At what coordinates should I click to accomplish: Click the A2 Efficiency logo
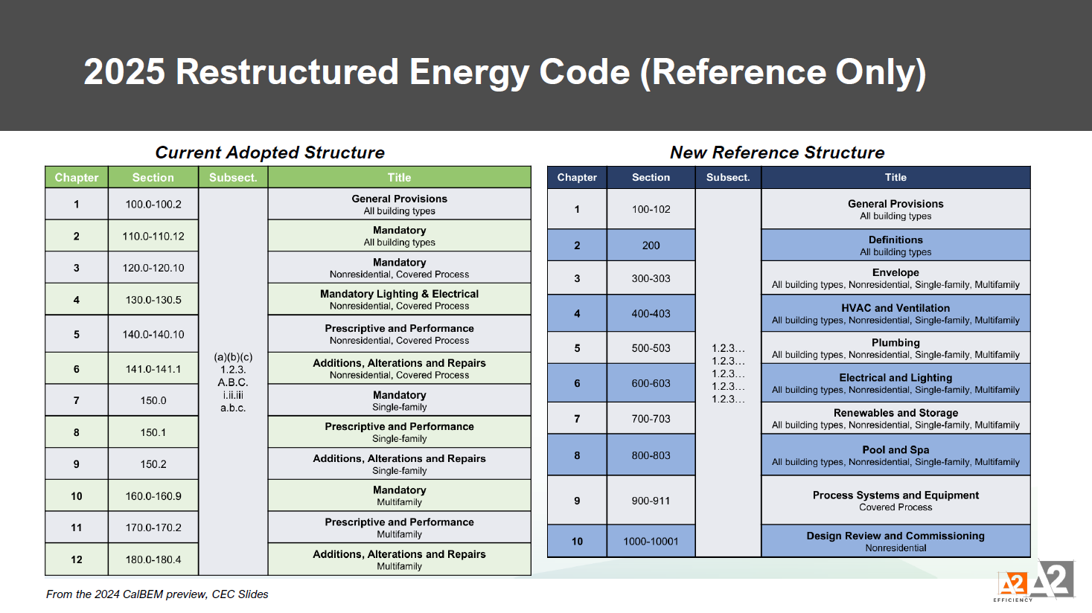1035,581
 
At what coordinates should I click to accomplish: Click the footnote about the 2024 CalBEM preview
157,594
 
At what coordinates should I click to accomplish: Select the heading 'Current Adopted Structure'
269,153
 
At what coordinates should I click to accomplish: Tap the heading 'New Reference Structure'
777,153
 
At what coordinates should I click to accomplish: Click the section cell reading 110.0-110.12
153,237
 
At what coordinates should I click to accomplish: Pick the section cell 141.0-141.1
153,369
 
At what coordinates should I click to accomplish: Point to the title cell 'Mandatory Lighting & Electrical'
399,299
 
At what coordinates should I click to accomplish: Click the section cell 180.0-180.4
153,559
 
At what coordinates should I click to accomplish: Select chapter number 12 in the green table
77,559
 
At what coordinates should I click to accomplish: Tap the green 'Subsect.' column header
233,178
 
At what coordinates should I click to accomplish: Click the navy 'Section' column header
651,178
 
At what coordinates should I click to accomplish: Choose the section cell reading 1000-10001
651,542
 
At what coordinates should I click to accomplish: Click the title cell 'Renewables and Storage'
895,418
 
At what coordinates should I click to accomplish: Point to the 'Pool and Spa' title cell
895,455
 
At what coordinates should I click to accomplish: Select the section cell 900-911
651,501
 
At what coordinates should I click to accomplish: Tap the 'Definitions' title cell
895,245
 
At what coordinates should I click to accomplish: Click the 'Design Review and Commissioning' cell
895,541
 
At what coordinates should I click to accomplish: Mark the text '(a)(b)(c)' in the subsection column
233,357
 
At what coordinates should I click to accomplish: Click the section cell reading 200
651,245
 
